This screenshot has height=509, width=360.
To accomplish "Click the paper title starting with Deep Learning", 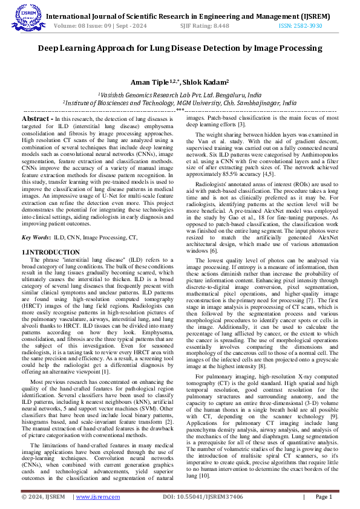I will tap(180, 48).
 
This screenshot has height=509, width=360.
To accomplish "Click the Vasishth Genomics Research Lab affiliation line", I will tap(180, 95).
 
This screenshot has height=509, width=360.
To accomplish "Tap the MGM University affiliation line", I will tap(180, 103).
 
